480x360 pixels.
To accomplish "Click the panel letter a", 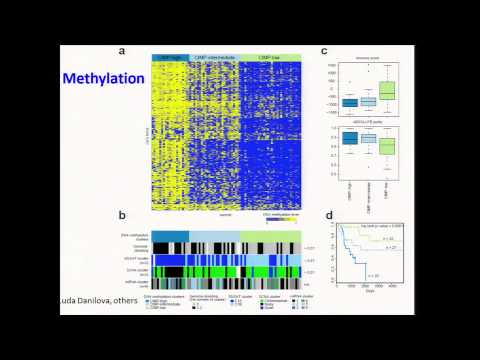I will (121, 51).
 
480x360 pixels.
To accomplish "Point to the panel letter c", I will (323, 51).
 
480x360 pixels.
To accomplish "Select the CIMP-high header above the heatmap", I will (169, 57).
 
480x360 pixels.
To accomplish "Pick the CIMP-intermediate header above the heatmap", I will (214, 57).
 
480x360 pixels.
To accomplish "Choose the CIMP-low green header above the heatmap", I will (269, 57).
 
